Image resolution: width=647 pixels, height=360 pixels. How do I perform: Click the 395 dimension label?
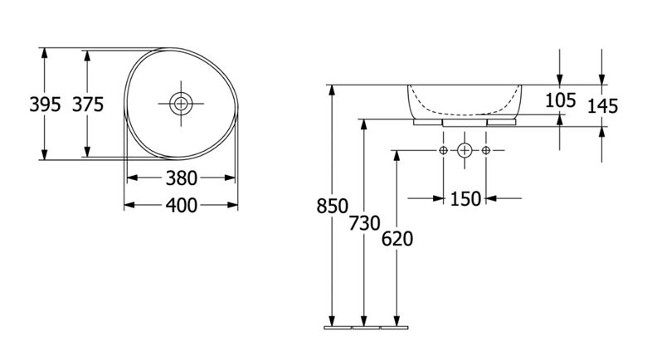tap(45, 105)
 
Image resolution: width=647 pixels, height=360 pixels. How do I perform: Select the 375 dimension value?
tap(88, 105)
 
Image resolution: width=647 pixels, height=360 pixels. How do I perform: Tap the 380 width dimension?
tap(181, 178)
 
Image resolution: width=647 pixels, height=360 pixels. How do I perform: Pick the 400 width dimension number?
tap(181, 206)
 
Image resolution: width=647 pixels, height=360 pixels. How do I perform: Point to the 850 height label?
tap(333, 206)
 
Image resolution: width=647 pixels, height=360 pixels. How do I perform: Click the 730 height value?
tap(364, 223)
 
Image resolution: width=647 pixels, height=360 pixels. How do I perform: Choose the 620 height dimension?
tap(397, 239)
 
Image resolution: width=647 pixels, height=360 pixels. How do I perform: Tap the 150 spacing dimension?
tap(465, 199)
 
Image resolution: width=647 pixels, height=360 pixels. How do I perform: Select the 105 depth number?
tap(561, 100)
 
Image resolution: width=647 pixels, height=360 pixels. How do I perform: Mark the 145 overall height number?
tap(602, 106)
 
